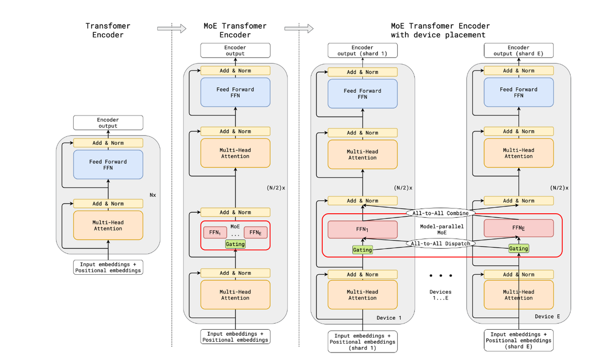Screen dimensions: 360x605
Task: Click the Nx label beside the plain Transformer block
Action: click(153, 194)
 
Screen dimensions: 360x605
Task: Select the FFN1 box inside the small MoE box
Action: click(215, 232)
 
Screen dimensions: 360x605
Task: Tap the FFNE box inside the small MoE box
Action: click(255, 232)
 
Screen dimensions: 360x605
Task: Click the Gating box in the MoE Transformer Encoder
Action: click(235, 244)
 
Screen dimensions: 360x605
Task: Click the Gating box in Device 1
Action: click(362, 250)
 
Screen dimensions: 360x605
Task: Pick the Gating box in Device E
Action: click(518, 249)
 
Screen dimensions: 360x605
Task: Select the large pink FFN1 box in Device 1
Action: click(362, 228)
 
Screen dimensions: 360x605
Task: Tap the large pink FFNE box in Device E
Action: click(518, 227)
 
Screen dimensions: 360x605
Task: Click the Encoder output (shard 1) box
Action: click(362, 50)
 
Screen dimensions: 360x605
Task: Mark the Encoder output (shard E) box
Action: click(518, 50)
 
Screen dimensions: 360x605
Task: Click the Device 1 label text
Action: click(389, 318)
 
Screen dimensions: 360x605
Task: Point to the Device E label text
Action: click(548, 317)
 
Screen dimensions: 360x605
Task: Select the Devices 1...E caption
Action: click(440, 295)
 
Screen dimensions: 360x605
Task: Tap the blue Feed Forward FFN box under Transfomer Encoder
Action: click(108, 164)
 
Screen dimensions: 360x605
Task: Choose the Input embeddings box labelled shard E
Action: click(518, 340)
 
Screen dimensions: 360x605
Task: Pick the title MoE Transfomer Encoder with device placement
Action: click(440, 30)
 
